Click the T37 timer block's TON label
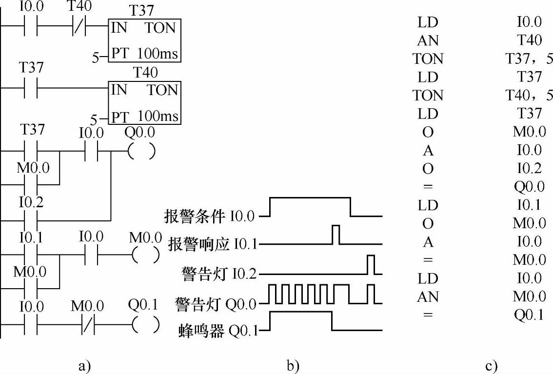pos(160,28)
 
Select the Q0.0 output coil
pos(141,152)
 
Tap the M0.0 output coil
pos(146,255)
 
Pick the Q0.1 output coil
pos(146,324)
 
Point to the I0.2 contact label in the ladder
pos(31,203)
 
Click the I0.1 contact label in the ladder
pos(31,237)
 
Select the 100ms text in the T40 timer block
pos(158,116)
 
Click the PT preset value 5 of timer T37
pos(95,58)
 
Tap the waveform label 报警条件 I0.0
pos(209,216)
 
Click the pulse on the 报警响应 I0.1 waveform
pos(336,235)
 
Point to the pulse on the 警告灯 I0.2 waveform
pos(371,264)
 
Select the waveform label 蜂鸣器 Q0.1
pos(218,331)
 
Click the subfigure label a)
pos(85,366)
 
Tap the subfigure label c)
pos(491,366)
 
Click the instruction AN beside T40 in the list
pos(428,40)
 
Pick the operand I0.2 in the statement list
pos(529,169)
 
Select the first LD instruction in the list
pos(428,22)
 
